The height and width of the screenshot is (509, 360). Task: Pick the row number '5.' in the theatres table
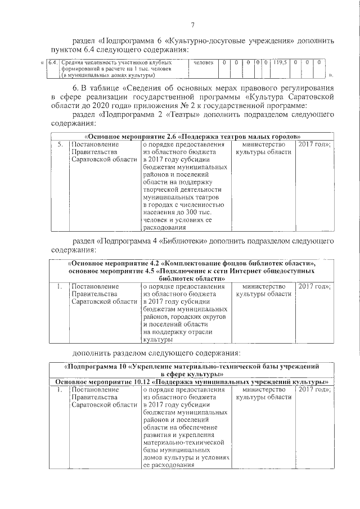pos(60,145)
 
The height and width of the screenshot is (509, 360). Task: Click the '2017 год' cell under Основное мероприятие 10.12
pos(313,389)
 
